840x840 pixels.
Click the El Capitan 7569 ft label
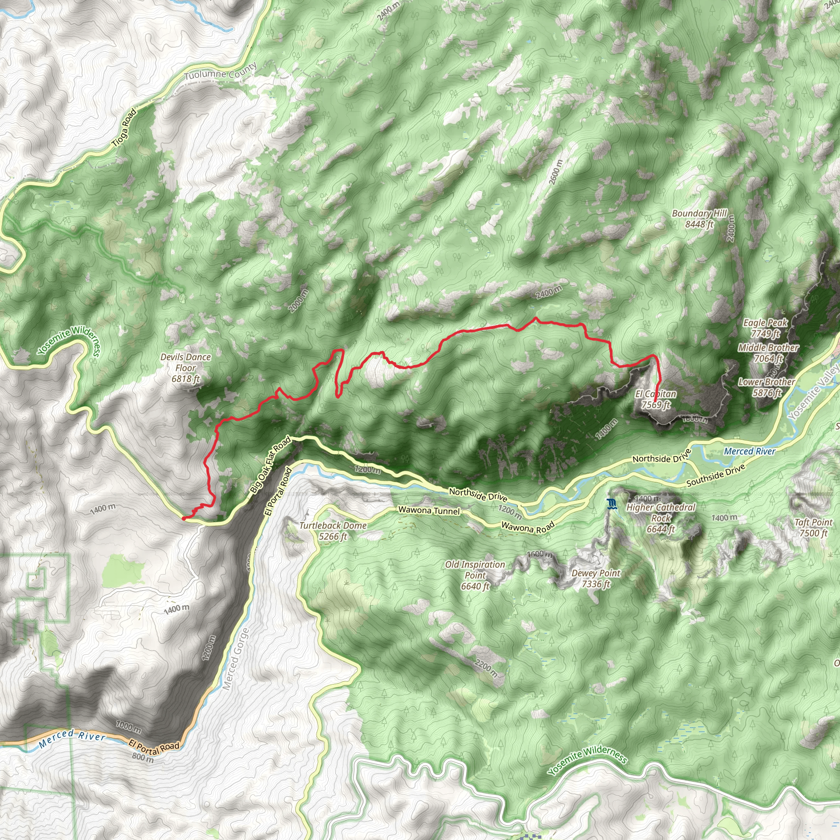656,399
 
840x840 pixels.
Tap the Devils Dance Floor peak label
186,368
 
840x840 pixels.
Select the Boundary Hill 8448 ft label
699,219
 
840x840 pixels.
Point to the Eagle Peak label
765,328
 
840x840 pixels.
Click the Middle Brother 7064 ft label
768,353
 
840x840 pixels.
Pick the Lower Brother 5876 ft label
767,387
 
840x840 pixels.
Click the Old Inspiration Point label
475,575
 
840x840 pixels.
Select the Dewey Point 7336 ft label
596,578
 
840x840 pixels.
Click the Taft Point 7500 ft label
813,527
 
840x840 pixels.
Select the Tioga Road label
124,127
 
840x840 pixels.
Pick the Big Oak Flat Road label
270,465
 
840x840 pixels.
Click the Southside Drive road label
716,475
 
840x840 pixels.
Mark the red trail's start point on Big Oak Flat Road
183,518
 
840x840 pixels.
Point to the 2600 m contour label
556,172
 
